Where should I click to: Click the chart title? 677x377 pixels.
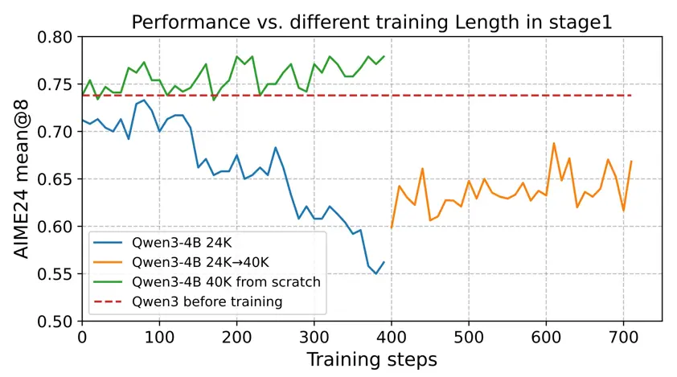click(371, 23)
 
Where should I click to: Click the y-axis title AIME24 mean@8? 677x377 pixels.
click(23, 179)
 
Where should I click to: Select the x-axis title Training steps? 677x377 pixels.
click(371, 358)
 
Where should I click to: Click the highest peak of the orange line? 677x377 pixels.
click(554, 143)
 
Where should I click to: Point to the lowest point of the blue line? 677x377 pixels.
click(375, 274)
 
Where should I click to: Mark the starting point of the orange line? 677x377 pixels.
click(392, 228)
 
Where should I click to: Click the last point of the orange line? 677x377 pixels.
click(631, 162)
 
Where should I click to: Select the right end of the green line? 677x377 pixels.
click(384, 56)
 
